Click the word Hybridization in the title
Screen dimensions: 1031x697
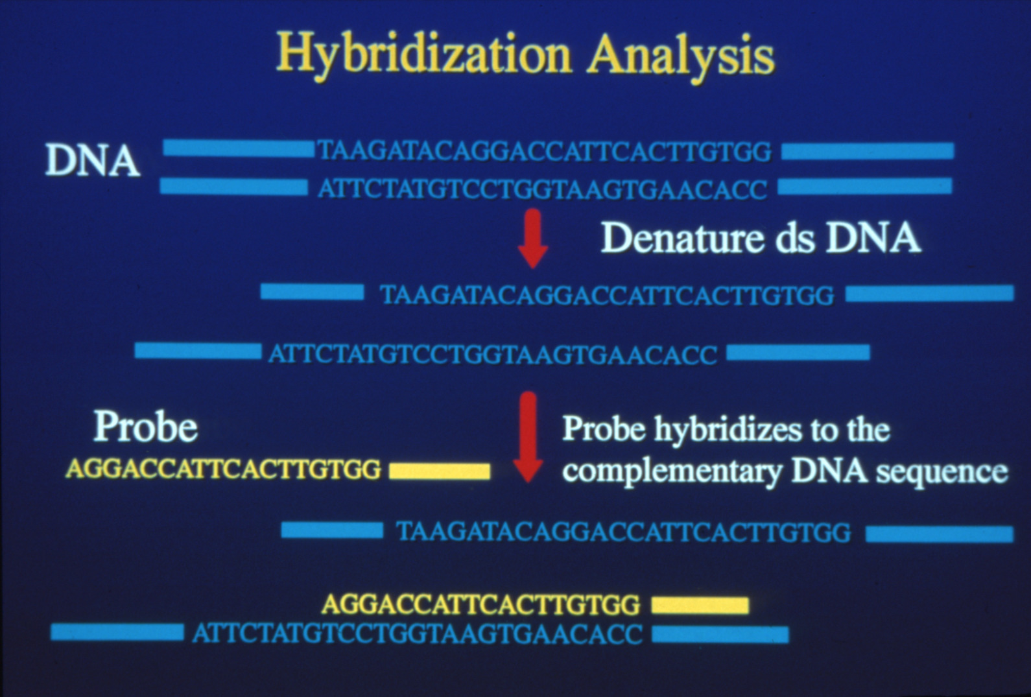tap(423, 57)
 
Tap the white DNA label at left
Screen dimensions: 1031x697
tap(93, 160)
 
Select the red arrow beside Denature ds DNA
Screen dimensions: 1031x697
tap(533, 238)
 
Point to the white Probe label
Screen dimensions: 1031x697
tap(145, 427)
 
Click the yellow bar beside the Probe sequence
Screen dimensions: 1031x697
tap(440, 471)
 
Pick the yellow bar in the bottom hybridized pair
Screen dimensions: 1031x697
tap(700, 606)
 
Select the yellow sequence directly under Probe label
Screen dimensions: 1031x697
tap(224, 469)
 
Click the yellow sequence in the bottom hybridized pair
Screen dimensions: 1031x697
tap(481, 604)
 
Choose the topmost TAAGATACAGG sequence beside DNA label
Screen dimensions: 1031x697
tap(545, 151)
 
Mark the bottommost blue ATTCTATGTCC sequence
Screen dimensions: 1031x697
tap(418, 633)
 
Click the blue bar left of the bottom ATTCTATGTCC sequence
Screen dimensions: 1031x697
tap(117, 632)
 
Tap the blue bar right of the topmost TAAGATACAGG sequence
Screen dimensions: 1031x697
tap(868, 151)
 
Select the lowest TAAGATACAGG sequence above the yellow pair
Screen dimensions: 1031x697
tap(624, 532)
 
